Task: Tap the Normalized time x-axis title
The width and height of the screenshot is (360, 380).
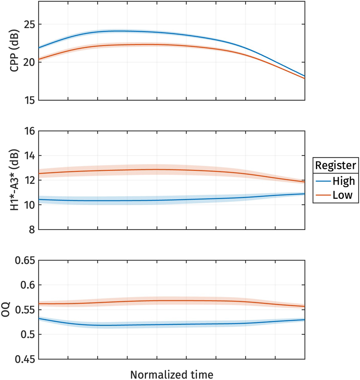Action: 171,374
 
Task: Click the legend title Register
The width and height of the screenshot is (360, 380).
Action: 336,165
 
